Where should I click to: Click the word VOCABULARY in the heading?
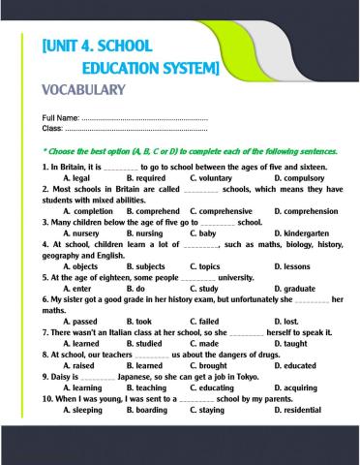pos(85,90)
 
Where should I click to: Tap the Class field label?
pos(52,128)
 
